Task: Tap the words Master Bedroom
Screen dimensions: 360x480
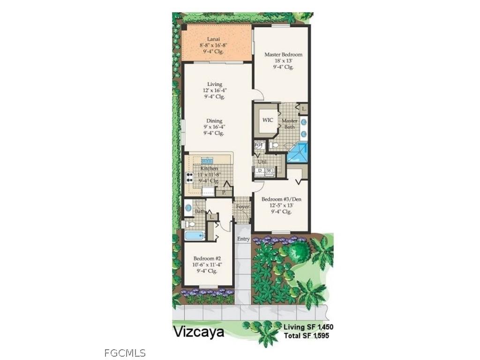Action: [x=283, y=54]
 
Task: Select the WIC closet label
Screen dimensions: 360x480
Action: [x=268, y=120]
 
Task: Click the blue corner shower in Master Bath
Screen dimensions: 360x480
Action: [x=298, y=153]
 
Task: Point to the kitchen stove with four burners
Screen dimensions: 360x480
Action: [x=190, y=178]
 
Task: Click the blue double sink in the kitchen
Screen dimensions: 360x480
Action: [x=207, y=161]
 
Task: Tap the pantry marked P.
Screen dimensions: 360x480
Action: [x=224, y=192]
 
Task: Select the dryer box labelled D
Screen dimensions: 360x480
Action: [x=260, y=171]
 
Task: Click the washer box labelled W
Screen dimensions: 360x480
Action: [x=269, y=171]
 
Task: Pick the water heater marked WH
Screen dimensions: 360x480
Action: [x=258, y=145]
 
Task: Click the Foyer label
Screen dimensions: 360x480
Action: [x=242, y=206]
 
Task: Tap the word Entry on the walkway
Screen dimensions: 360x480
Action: [x=243, y=239]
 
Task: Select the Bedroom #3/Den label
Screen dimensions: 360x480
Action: [x=281, y=199]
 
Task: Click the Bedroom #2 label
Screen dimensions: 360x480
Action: [x=207, y=258]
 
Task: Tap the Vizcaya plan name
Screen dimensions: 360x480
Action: [x=199, y=332]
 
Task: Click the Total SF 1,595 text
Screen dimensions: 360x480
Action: [x=308, y=336]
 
